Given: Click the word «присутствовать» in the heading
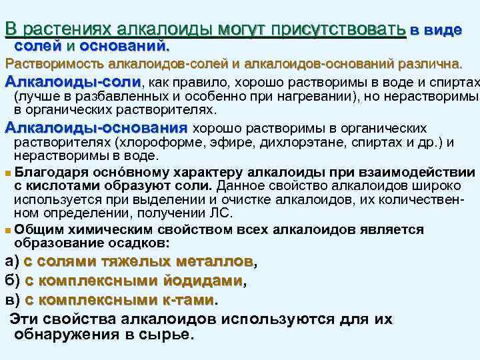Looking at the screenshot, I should tap(347, 29).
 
